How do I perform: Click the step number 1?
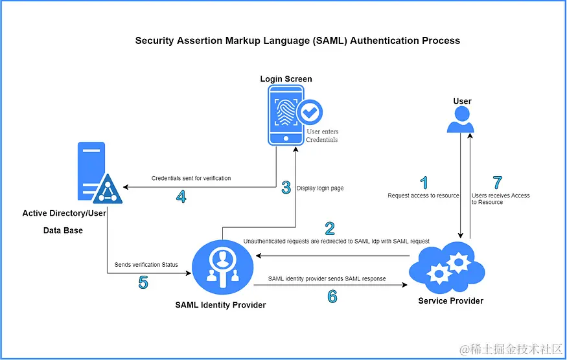(424, 183)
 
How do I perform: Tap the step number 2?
(329, 229)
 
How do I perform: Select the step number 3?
(286, 188)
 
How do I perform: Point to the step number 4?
(181, 197)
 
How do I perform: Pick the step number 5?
(143, 282)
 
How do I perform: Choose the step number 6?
(332, 296)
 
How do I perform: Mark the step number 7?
(498, 183)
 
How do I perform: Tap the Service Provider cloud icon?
(447, 268)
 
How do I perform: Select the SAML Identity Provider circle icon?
(222, 268)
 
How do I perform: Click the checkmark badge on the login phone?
(310, 112)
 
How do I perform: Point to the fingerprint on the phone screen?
(286, 112)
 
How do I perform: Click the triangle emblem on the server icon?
(108, 189)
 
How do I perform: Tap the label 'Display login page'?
(320, 188)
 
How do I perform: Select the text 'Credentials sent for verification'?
(191, 178)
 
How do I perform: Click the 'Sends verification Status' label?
(146, 265)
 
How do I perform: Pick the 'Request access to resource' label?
(423, 196)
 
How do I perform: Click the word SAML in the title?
(329, 41)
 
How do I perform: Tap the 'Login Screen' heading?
(286, 79)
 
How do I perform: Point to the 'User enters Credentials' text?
(322, 135)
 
